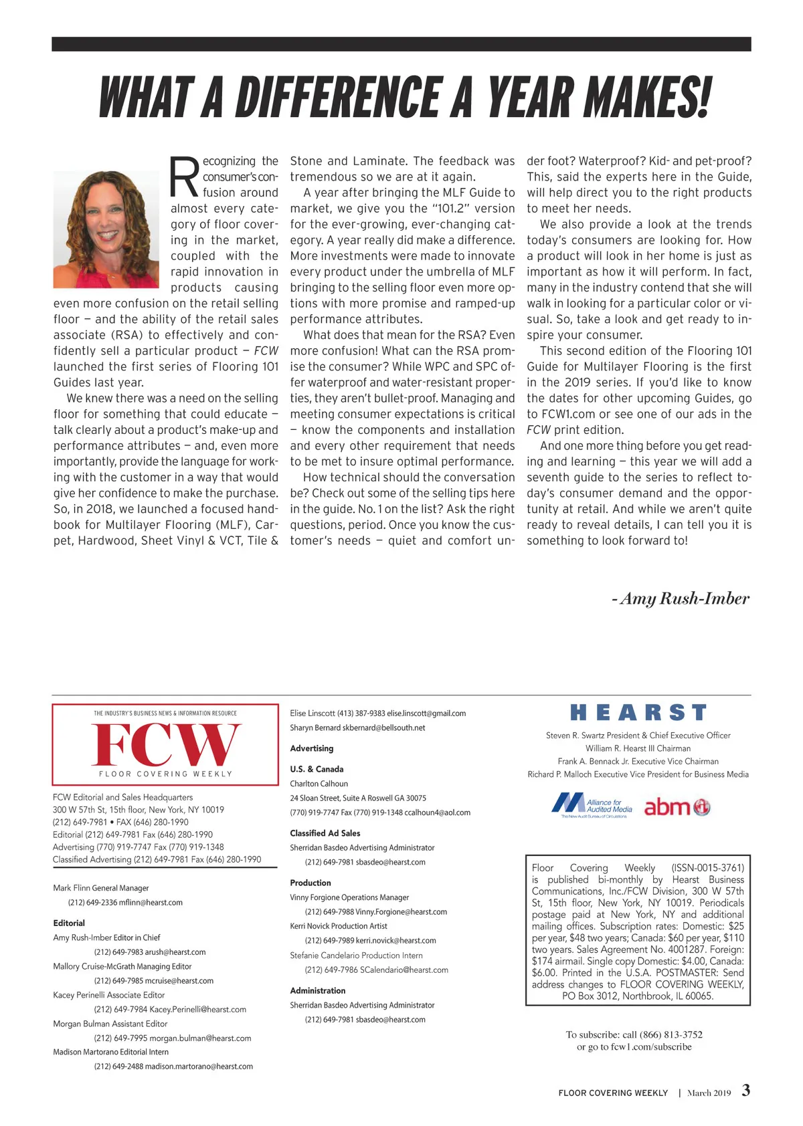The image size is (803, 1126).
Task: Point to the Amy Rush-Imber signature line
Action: point(681,598)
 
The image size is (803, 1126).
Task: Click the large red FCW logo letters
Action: point(165,744)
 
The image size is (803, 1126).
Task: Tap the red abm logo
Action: point(677,807)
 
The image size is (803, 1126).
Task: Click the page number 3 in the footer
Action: point(746,1091)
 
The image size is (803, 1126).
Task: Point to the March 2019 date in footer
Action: point(709,1093)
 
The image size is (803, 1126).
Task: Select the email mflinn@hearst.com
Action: point(151,903)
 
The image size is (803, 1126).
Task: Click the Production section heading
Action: point(310,883)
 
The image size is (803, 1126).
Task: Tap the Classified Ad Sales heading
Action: point(325,833)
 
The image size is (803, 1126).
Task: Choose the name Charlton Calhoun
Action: point(319,784)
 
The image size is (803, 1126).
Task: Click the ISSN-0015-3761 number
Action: point(708,868)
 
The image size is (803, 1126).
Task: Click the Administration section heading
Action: point(318,990)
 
